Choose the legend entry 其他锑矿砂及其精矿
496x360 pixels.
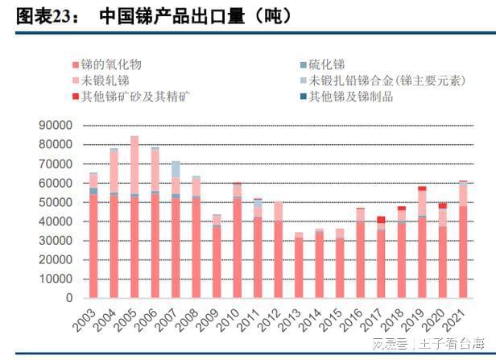click(137, 97)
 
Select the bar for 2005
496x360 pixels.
click(134, 217)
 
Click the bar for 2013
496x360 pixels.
click(299, 266)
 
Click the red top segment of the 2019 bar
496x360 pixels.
click(422, 188)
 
